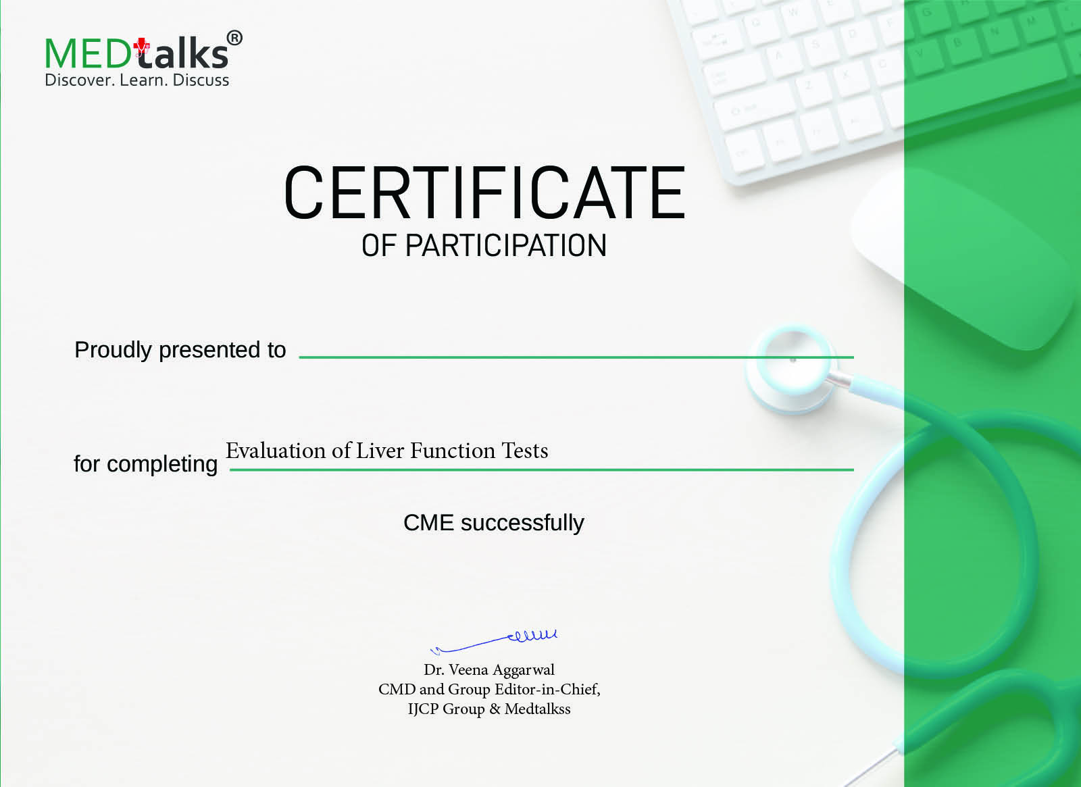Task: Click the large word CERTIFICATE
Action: tap(484, 193)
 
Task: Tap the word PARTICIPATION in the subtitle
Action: tap(506, 246)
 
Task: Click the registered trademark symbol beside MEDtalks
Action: tap(234, 38)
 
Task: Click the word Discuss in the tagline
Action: tap(201, 80)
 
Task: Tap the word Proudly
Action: tap(113, 351)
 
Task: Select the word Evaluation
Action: tap(276, 451)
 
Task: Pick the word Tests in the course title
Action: tap(525, 451)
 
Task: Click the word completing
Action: tap(162, 465)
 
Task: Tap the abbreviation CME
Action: tap(428, 523)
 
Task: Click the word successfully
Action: tap(522, 524)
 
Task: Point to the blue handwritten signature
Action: tap(493, 641)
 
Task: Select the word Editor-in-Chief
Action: tap(547, 689)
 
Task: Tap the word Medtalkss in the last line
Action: tap(538, 709)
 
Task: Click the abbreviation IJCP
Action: tap(423, 709)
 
